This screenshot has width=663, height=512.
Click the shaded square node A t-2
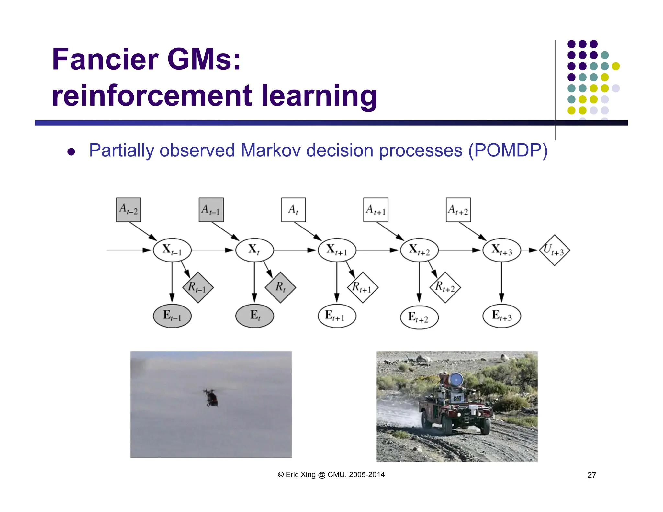click(x=129, y=210)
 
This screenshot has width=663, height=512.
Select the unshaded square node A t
click(x=293, y=210)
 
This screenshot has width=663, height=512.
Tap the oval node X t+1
click(x=337, y=250)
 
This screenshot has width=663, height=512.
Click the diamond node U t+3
click(x=554, y=250)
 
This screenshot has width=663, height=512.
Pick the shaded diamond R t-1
click(x=198, y=287)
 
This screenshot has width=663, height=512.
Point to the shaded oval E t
click(x=254, y=316)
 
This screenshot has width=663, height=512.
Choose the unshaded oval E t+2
click(x=419, y=317)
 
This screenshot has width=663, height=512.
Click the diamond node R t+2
click(x=445, y=287)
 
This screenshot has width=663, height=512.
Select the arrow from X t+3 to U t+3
click(x=530, y=250)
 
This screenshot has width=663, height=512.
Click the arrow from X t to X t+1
click(x=295, y=250)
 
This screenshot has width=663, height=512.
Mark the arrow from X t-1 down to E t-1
click(x=172, y=282)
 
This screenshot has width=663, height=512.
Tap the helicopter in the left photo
click(x=211, y=397)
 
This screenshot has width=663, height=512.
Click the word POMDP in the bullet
click(x=508, y=150)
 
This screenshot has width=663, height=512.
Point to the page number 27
click(x=591, y=475)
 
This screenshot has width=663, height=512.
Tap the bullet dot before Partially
click(x=71, y=152)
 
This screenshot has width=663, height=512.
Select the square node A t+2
click(x=458, y=210)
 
